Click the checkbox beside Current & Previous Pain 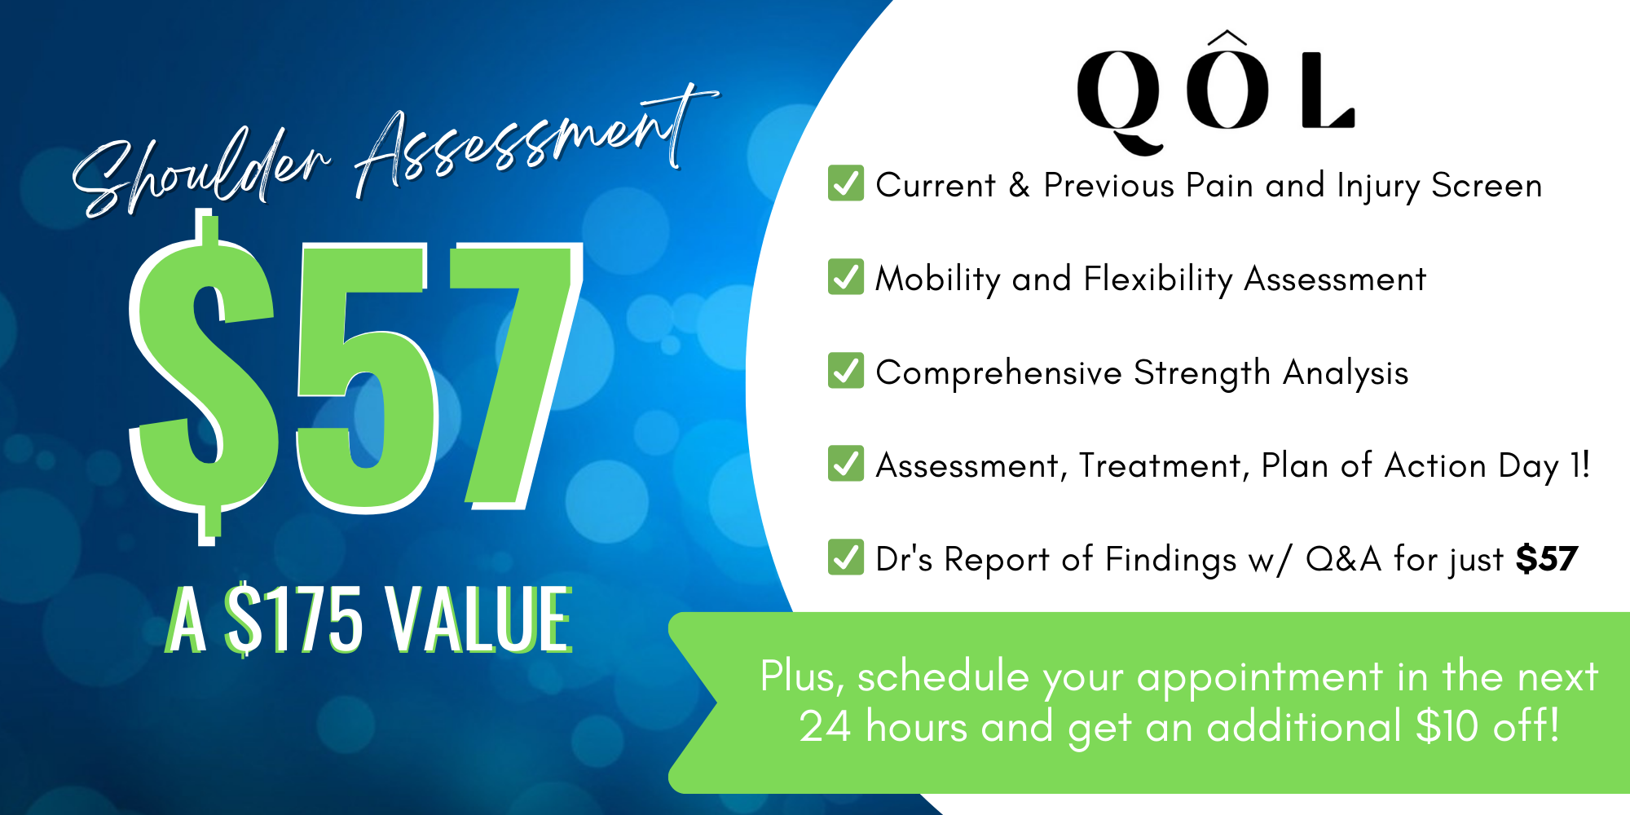[846, 183]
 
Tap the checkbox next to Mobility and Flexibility [846, 276]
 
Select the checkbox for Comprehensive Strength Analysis [846, 370]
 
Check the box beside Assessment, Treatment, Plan [846, 463]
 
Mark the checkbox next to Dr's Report [846, 557]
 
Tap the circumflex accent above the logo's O [1227, 37]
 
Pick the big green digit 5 [364, 378]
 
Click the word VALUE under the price [479, 619]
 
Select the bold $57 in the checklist [1547, 559]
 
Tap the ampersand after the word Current [1020, 185]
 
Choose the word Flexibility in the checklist [1158, 279]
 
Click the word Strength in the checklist [1202, 373]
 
